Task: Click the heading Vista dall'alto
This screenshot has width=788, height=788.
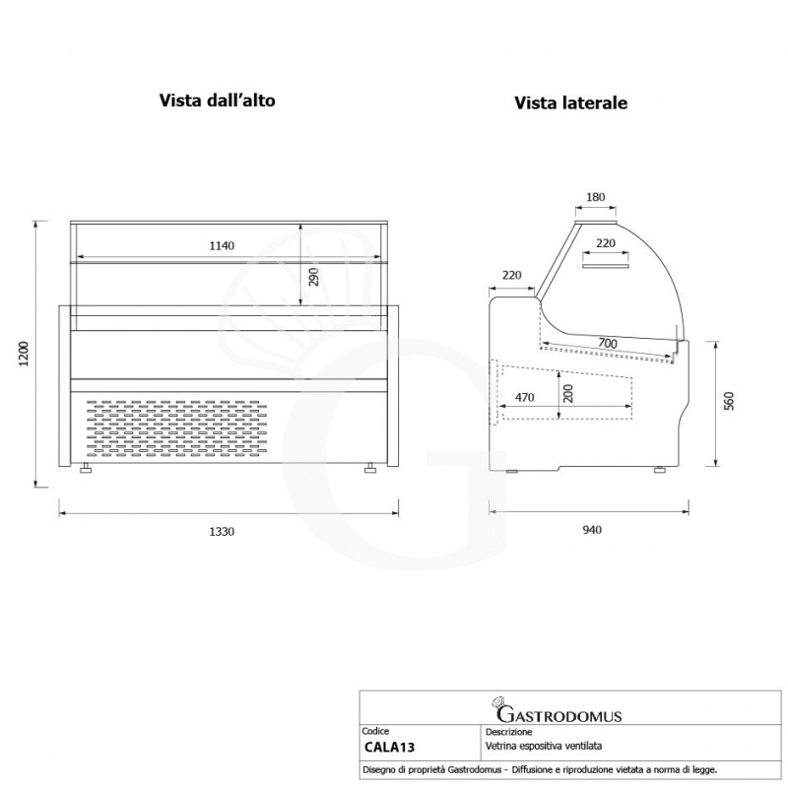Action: pyautogui.click(x=217, y=100)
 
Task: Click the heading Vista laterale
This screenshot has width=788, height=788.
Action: pyautogui.click(x=571, y=103)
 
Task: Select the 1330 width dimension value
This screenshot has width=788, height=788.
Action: pyautogui.click(x=222, y=532)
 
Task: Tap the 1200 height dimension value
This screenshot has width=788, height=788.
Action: pyautogui.click(x=24, y=354)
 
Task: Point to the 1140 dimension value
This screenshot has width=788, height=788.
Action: pyautogui.click(x=222, y=245)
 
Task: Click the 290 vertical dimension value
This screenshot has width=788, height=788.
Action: pyautogui.click(x=313, y=277)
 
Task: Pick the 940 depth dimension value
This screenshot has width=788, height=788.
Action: pyautogui.click(x=592, y=530)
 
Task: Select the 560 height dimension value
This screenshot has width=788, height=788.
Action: pyautogui.click(x=729, y=401)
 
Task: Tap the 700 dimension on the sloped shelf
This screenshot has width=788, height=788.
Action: pyautogui.click(x=608, y=344)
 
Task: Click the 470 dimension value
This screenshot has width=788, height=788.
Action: pyautogui.click(x=524, y=398)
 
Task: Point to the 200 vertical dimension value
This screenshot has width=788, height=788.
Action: pyautogui.click(x=568, y=393)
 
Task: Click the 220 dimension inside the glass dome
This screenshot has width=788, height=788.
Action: pyautogui.click(x=606, y=243)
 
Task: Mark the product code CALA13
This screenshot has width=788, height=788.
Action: pyautogui.click(x=389, y=748)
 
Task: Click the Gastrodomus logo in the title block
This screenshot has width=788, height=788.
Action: pyautogui.click(x=558, y=710)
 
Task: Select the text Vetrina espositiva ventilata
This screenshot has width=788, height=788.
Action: pyautogui.click(x=544, y=747)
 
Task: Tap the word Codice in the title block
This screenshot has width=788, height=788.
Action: pyautogui.click(x=375, y=731)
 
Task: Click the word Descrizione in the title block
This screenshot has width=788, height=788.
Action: pyautogui.click(x=508, y=732)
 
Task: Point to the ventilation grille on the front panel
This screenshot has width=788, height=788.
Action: pyautogui.click(x=173, y=428)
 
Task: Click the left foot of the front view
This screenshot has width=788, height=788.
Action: pyautogui.click(x=86, y=469)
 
